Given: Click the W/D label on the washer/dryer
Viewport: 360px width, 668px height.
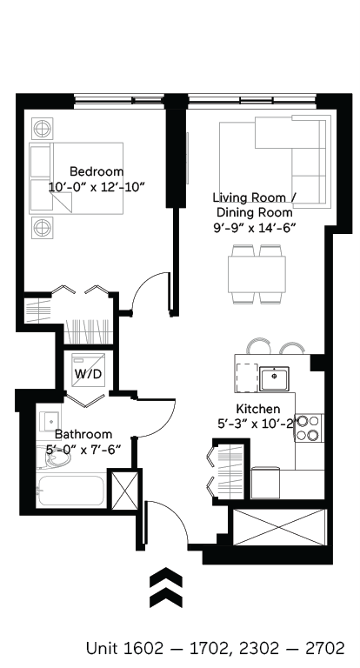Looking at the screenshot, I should (x=89, y=374).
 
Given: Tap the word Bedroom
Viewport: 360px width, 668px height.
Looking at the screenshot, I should (x=97, y=171).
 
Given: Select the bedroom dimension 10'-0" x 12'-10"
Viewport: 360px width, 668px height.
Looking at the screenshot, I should (x=97, y=186).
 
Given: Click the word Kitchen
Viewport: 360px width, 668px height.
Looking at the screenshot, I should (x=257, y=409).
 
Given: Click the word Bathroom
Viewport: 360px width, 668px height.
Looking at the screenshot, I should (x=83, y=434).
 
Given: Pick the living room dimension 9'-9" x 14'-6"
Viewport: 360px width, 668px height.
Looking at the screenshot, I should (x=256, y=227).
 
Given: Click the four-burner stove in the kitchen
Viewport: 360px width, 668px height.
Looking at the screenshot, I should (x=309, y=427).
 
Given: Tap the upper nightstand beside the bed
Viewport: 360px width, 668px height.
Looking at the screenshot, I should (x=41, y=130).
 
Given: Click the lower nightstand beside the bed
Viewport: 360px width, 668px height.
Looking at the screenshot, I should (x=41, y=228).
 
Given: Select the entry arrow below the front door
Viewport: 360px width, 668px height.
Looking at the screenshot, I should (x=166, y=587).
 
